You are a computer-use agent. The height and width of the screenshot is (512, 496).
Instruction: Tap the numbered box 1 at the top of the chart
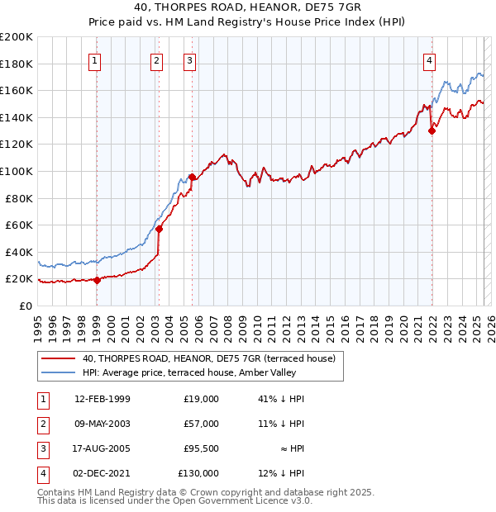tap(96, 59)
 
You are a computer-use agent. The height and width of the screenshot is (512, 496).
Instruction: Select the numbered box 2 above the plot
tap(157, 59)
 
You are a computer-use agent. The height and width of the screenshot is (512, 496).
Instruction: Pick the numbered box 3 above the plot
tap(190, 59)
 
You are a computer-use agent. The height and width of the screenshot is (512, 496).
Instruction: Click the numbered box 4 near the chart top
tap(430, 59)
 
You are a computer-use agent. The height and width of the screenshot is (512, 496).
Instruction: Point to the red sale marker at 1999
tap(97, 280)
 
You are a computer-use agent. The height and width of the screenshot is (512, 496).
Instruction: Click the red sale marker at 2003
tap(159, 229)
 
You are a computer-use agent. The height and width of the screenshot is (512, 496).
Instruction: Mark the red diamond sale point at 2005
tap(192, 177)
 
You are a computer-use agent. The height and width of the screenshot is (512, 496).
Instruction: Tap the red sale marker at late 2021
tap(432, 130)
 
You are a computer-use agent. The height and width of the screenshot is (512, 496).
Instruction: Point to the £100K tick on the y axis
tap(17, 171)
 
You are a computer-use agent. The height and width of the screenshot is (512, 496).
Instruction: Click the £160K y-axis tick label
tap(17, 90)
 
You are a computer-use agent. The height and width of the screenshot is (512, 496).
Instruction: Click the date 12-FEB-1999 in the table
tap(102, 399)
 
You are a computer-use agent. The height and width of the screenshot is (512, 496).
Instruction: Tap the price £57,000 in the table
tap(201, 424)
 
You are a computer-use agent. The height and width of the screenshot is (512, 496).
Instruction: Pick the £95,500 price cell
tap(201, 448)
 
